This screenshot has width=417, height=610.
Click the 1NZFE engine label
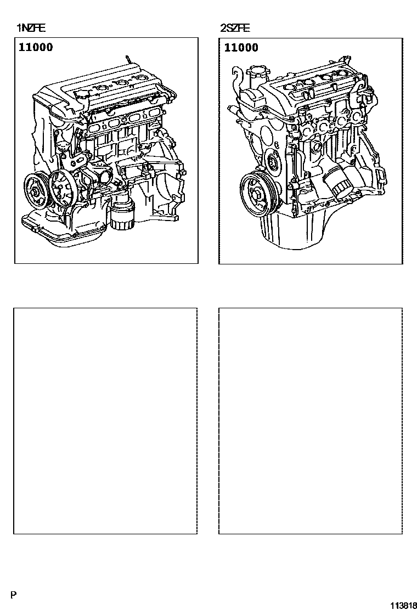[x=31, y=28]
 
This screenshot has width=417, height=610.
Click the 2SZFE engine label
[x=235, y=28]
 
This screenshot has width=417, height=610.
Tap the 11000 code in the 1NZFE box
[x=36, y=48]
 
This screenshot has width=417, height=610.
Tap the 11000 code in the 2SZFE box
[x=241, y=48]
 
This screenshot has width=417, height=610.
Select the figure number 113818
[x=404, y=605]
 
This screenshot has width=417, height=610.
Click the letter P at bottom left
[x=14, y=595]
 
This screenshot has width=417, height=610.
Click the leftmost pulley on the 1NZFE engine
[x=36, y=190]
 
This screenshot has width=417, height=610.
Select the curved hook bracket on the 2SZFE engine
[x=236, y=78]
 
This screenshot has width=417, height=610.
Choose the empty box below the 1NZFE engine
[x=105, y=421]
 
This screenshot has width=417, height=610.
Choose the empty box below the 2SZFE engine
[x=311, y=421]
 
